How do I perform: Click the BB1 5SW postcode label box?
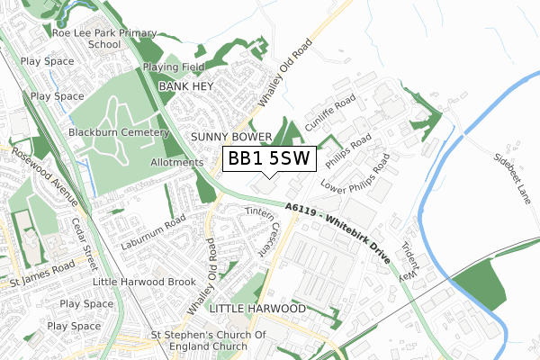(268, 158)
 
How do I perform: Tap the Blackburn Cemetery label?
(118, 131)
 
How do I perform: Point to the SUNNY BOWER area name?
(231, 137)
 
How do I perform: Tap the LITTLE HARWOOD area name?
(256, 309)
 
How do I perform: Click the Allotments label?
(177, 162)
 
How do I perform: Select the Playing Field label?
(177, 67)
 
